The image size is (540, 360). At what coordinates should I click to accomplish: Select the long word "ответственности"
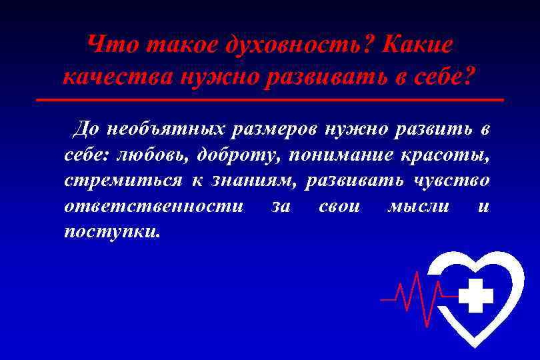pyautogui.click(x=153, y=207)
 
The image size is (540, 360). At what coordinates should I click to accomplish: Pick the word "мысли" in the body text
pyautogui.click(x=418, y=207)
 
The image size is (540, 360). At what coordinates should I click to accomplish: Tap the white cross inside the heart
pyautogui.click(x=476, y=296)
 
